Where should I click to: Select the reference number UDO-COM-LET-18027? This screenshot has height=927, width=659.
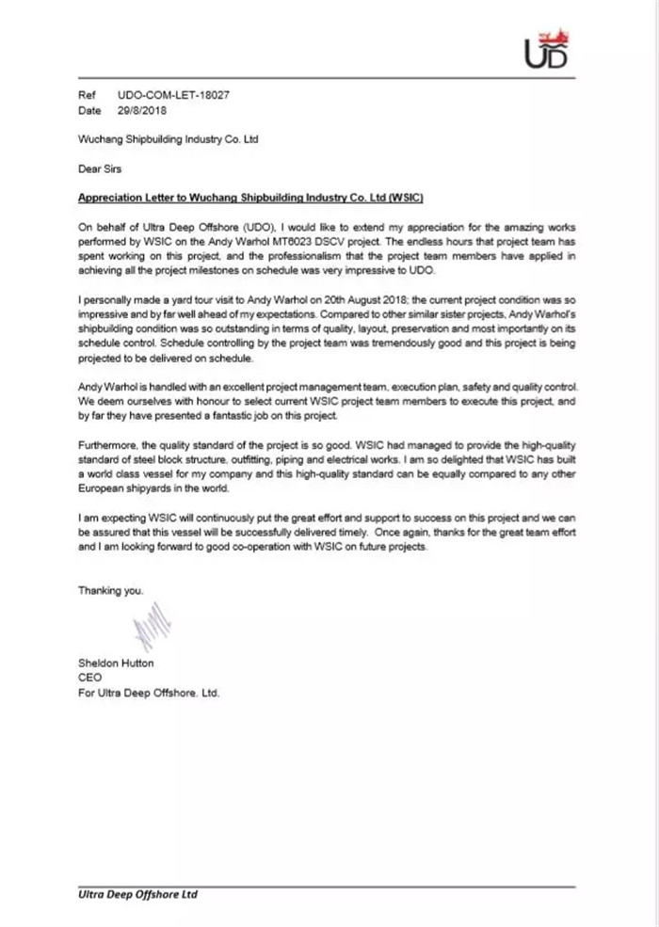click(x=174, y=96)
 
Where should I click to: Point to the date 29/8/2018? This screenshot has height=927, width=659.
click(x=141, y=110)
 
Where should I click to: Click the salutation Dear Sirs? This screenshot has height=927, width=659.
click(x=99, y=169)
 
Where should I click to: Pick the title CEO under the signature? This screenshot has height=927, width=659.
click(x=89, y=678)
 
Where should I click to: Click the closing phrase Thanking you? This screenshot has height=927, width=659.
click(x=111, y=591)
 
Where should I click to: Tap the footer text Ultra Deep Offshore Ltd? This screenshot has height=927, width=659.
click(x=137, y=894)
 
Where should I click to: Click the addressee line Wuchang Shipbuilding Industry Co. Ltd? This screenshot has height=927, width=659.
click(x=168, y=139)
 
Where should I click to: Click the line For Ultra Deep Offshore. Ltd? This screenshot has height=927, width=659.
click(x=149, y=692)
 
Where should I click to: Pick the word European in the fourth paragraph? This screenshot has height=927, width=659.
click(x=104, y=488)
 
